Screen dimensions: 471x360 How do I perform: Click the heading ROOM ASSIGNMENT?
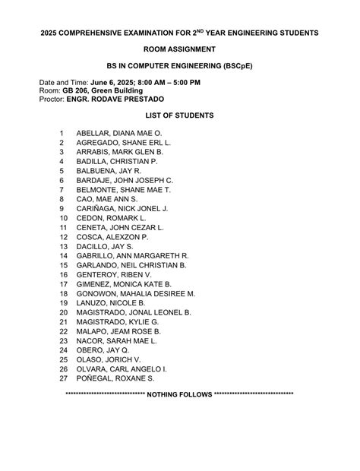click(x=179, y=49)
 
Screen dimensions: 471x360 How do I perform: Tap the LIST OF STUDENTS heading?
click(x=179, y=115)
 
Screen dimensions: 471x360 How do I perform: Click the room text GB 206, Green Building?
click(x=104, y=90)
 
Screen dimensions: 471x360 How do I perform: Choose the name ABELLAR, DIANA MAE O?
click(x=119, y=133)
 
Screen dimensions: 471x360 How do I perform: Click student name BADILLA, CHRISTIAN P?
click(x=117, y=162)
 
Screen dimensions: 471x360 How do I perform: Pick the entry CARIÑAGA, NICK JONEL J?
click(x=122, y=208)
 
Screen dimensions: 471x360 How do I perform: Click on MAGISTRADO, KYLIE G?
click(x=118, y=322)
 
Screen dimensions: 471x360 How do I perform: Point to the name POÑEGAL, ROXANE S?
click(x=115, y=378)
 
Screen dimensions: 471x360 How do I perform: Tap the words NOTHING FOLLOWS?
click(x=179, y=395)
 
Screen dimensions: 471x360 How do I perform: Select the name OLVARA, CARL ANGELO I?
click(x=122, y=368)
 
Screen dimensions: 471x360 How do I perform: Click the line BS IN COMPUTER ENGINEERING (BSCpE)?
click(x=179, y=66)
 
